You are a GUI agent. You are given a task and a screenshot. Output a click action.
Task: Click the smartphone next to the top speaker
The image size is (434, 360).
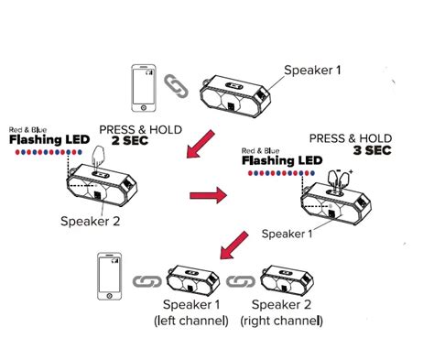[x=144, y=88]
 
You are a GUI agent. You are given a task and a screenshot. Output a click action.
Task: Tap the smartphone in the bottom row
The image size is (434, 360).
[x=110, y=277]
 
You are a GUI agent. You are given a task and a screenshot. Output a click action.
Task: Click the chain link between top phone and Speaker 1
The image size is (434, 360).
[x=176, y=86]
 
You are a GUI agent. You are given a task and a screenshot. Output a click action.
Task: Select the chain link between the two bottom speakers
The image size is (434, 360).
[x=241, y=281]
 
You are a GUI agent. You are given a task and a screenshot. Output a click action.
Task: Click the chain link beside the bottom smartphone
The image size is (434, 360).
[x=146, y=281]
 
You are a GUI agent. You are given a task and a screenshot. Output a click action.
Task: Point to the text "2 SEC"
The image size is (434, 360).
[x=130, y=141]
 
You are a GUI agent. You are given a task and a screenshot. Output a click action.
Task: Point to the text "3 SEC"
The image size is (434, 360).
[x=373, y=150]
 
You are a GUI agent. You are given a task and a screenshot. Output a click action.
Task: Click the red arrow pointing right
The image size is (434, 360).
[x=208, y=195]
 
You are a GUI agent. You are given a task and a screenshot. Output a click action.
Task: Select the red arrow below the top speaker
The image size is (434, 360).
[x=201, y=144]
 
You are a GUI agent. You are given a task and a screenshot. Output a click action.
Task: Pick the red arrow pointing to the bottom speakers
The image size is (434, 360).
[x=234, y=245]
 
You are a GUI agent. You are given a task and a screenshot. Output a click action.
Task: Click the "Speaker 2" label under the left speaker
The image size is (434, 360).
[x=91, y=221]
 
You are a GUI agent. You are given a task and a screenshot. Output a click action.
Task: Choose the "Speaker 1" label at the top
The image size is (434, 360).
[x=312, y=71]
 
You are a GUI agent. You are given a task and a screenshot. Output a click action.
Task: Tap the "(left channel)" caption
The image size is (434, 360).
[x=191, y=321]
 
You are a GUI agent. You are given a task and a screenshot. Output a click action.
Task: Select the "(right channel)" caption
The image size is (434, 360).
[x=281, y=321]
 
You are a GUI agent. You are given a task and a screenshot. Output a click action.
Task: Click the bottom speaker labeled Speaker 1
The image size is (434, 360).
[x=193, y=280]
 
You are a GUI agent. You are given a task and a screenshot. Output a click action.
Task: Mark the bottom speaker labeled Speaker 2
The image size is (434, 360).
[x=287, y=280]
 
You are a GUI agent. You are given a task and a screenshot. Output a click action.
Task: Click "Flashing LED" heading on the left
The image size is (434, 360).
[x=49, y=139]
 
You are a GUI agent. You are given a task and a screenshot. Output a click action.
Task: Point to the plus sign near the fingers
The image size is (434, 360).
[x=351, y=172]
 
